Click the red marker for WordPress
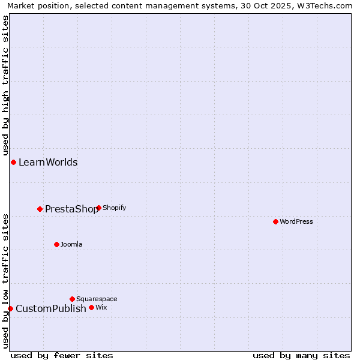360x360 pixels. pyautogui.click(x=275, y=221)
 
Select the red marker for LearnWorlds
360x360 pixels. pyautogui.click(x=13, y=162)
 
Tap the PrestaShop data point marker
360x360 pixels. pyautogui.click(x=40, y=209)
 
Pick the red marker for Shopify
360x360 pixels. pyautogui.click(x=98, y=208)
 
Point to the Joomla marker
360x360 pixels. pyautogui.click(x=56, y=244)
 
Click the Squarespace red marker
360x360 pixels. pyautogui.click(x=72, y=299)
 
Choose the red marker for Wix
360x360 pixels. pyautogui.click(x=91, y=307)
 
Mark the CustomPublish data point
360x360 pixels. pyautogui.click(x=10, y=308)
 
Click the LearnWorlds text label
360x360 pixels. pyautogui.click(x=48, y=163)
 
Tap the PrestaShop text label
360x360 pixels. pyautogui.click(x=71, y=209)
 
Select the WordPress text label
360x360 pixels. pyautogui.click(x=296, y=222)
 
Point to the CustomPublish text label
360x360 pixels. pyautogui.click(x=51, y=309)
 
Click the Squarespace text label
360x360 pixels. pyautogui.click(x=97, y=299)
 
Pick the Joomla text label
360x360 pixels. pyautogui.click(x=71, y=245)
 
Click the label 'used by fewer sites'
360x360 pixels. pyautogui.click(x=62, y=355)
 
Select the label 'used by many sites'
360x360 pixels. pyautogui.click(x=301, y=355)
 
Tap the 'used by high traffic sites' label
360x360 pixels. pyautogui.click(x=5, y=84)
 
